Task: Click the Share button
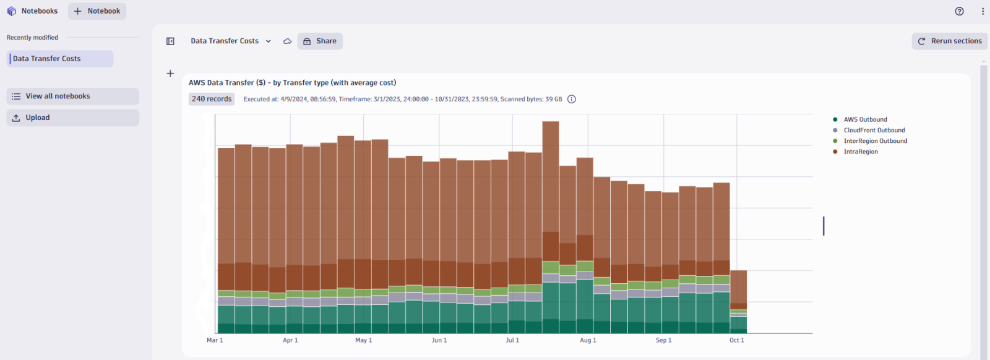click(320, 41)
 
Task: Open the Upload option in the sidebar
click(72, 118)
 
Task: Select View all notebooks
click(72, 96)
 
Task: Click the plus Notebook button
click(97, 11)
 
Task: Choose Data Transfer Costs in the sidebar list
click(60, 59)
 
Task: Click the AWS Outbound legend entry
click(864, 120)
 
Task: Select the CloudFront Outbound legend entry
click(874, 131)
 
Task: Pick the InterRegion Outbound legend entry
click(875, 141)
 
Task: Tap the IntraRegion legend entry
click(860, 152)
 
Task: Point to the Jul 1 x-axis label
click(512, 340)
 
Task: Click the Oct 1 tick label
click(736, 340)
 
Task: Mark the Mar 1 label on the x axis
click(215, 340)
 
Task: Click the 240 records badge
click(212, 99)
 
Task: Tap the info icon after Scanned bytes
click(572, 99)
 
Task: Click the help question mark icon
click(959, 11)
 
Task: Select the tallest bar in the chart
click(551, 186)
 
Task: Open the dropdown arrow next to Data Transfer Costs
click(269, 41)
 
